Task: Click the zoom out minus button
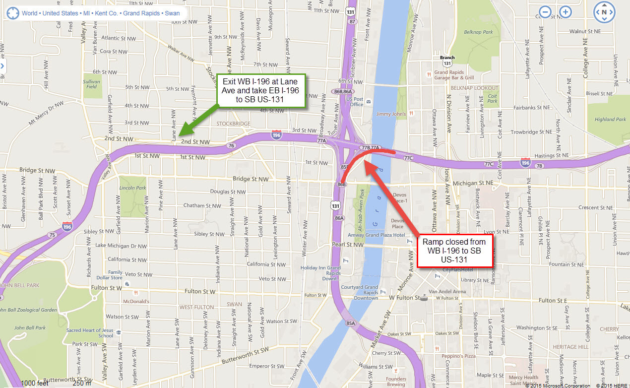coord(545,12)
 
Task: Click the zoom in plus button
coord(566,12)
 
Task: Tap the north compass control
coord(604,12)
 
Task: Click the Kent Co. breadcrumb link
coord(106,13)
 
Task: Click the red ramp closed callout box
coord(454,251)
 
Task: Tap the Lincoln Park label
coord(132,188)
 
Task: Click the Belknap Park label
coord(481,32)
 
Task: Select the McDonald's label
coord(136,301)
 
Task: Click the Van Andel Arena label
coord(448,292)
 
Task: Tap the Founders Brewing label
coord(396,382)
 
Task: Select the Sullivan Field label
coord(91,84)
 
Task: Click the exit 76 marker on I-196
coord(231,145)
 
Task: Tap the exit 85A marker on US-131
coord(351,323)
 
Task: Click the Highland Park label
coord(610,119)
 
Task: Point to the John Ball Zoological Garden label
coord(28,310)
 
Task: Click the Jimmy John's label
coord(391,114)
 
